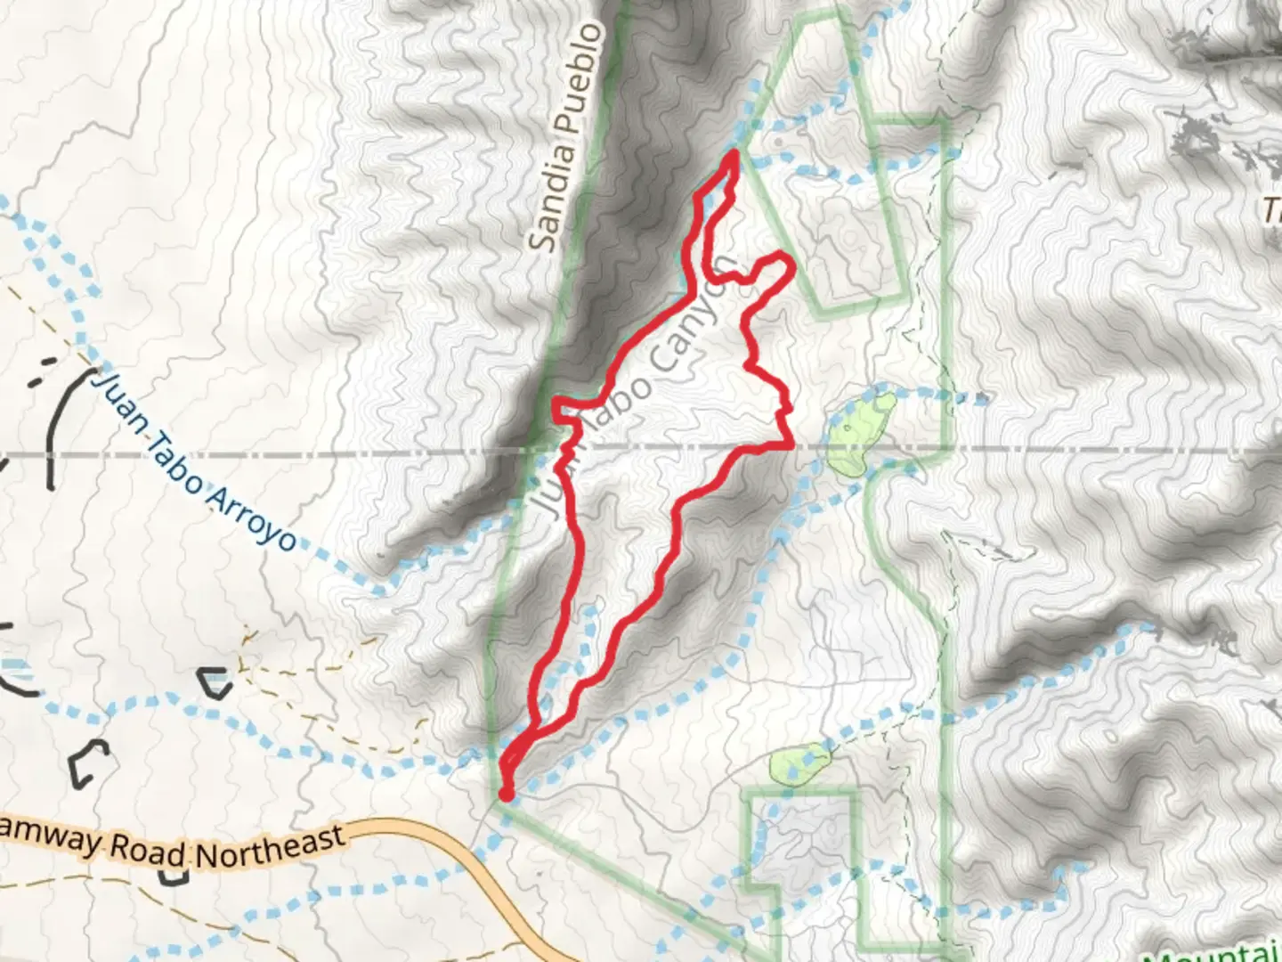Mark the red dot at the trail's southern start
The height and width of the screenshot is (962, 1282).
click(x=506, y=794)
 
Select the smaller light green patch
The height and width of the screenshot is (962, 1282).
click(x=799, y=762)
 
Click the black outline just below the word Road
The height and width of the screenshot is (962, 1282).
click(x=174, y=876)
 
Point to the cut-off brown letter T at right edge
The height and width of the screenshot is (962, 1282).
click(x=1271, y=210)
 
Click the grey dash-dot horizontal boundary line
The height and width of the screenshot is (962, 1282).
click(x=267, y=453)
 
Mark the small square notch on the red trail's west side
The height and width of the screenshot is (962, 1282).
click(x=561, y=412)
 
